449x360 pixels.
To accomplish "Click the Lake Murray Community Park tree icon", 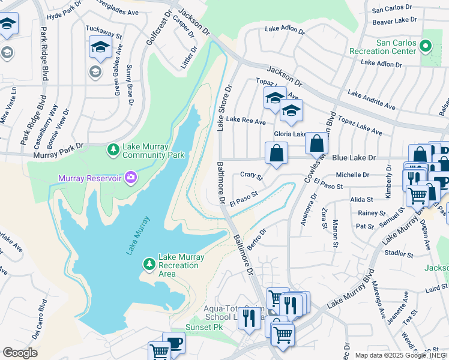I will pyautogui.click(x=113, y=148).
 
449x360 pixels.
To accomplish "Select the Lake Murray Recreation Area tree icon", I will pyautogui.click(x=149, y=264).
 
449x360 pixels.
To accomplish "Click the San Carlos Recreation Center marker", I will pyautogui.click(x=426, y=45).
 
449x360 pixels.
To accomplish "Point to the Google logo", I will pyautogui.click(x=20, y=353).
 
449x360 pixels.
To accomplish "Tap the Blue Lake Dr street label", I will pyautogui.click(x=354, y=158).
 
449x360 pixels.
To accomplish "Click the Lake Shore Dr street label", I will pyautogui.click(x=223, y=107).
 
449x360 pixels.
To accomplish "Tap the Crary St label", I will pyautogui.click(x=252, y=176).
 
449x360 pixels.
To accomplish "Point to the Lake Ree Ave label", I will pyautogui.click(x=246, y=122).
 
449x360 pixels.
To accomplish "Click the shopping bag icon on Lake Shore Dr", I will pyautogui.click(x=276, y=152).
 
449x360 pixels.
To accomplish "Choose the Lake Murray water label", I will pyautogui.click(x=137, y=235).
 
